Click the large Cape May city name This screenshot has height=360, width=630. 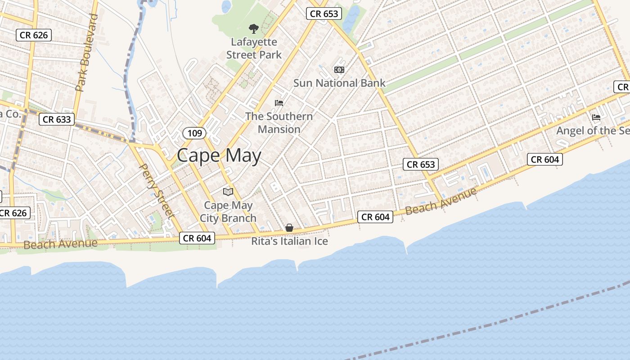[219, 156]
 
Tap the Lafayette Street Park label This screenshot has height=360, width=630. [254, 49]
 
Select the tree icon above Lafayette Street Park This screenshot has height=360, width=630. [254, 29]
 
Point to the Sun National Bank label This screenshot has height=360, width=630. [339, 83]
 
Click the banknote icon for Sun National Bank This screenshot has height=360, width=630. [339, 70]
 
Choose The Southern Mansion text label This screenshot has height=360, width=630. [279, 123]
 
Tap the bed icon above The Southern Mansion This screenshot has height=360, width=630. [279, 103]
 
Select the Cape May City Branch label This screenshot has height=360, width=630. [228, 212]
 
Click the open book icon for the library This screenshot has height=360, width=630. [228, 192]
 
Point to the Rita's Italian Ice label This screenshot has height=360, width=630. [289, 242]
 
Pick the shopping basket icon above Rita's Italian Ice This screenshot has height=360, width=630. [289, 228]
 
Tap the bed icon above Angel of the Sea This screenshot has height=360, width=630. [596, 117]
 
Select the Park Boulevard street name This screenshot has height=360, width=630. [87, 53]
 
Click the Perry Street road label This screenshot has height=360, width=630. [157, 191]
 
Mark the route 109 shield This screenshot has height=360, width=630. [194, 133]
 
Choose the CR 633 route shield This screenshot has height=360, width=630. [57, 119]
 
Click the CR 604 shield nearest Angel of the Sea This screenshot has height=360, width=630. [544, 159]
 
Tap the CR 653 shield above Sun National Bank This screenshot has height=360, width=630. [324, 14]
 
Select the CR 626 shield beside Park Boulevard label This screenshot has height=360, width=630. [34, 35]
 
